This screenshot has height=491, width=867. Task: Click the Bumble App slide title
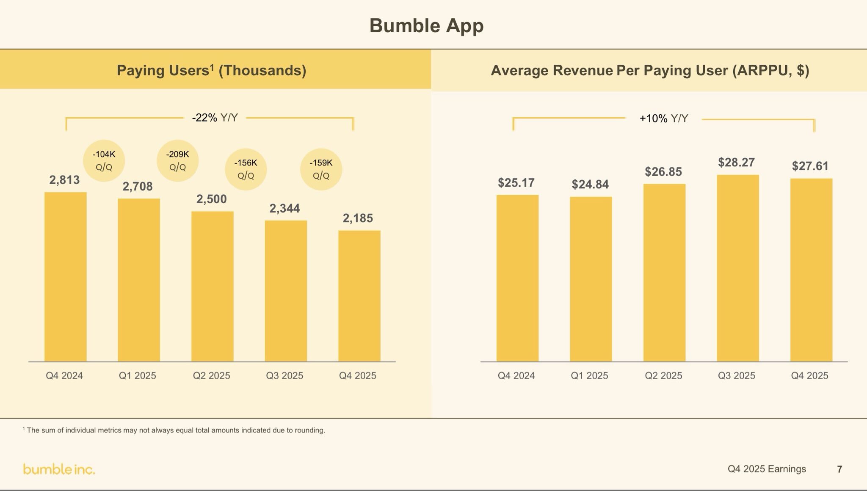coord(426,26)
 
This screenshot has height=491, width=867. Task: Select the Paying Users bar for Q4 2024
coord(66,277)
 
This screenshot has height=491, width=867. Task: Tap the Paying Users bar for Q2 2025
coord(212,286)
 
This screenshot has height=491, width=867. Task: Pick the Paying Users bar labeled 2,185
coord(359,296)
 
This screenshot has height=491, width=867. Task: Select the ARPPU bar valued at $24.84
coord(591,279)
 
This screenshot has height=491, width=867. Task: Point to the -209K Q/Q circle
coord(177,160)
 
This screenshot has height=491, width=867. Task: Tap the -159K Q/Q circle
coord(321,169)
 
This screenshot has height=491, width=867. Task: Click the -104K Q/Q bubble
coord(104,160)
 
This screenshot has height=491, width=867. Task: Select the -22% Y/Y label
coord(215,118)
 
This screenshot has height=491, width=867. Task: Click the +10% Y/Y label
coord(663,119)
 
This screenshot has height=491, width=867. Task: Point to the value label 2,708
coord(138,187)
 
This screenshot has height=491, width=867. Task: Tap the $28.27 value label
coord(736,163)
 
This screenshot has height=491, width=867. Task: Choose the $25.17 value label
coord(516,183)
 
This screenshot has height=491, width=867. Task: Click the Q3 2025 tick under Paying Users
coord(284,375)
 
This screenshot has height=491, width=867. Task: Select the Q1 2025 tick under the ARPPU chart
coord(589,375)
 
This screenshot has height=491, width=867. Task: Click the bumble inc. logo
coord(59,469)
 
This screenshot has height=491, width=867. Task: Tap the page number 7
coord(839,469)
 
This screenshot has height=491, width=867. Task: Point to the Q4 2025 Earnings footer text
coord(767,469)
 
